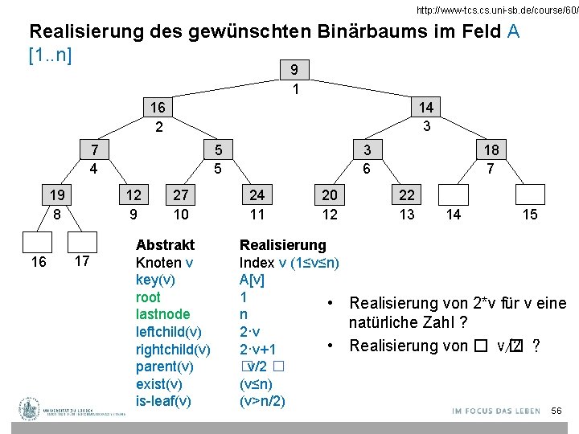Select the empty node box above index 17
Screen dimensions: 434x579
[x=81, y=243]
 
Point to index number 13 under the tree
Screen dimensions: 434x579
[x=408, y=215]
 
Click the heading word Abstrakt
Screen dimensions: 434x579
[x=165, y=244]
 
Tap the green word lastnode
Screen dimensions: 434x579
[x=163, y=314]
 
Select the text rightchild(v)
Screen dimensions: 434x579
[x=173, y=349]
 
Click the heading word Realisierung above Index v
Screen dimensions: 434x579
[x=283, y=244]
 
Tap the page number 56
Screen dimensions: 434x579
[x=556, y=411]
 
